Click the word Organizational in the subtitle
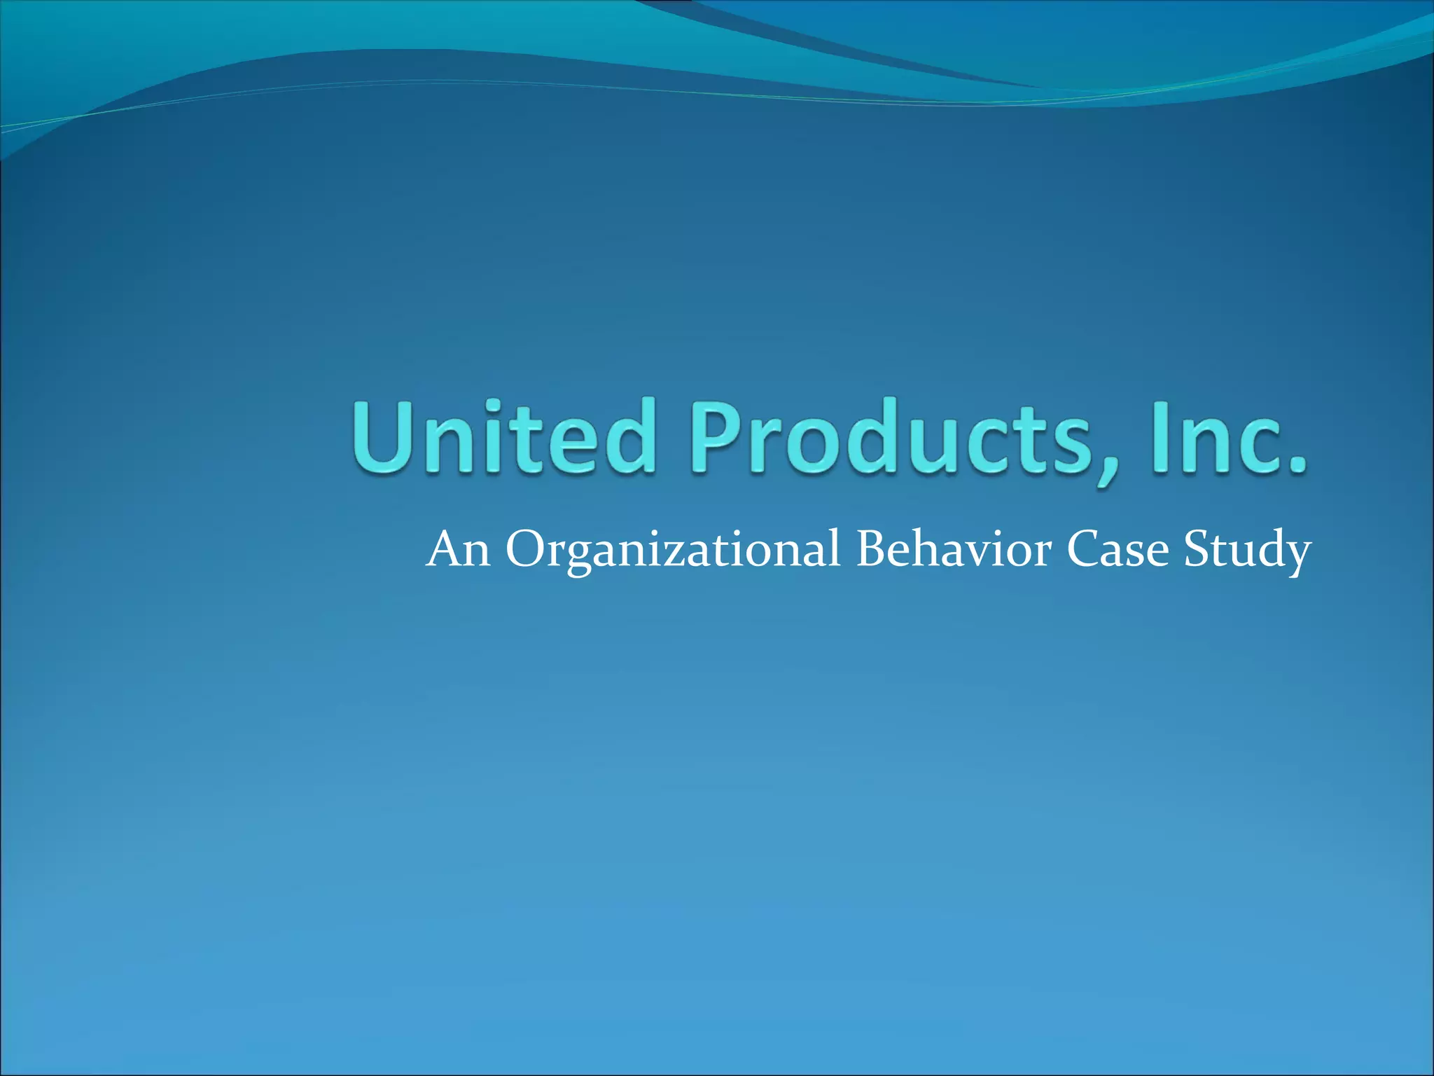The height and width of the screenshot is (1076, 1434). (x=672, y=550)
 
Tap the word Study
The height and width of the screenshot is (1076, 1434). (x=1247, y=550)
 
